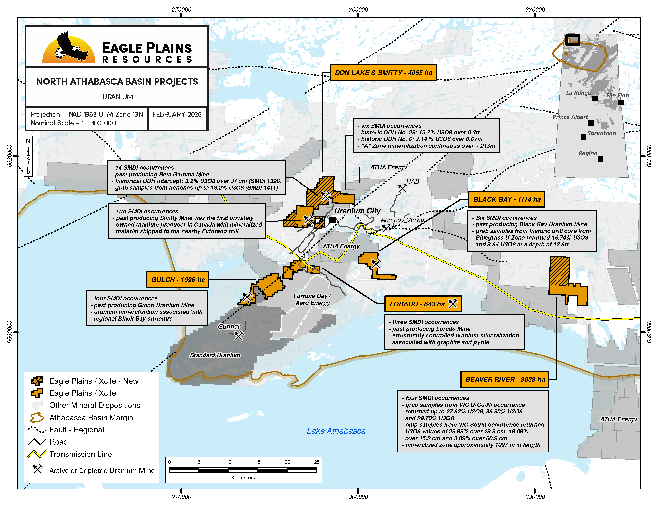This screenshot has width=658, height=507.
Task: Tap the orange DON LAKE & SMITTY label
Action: click(x=383, y=73)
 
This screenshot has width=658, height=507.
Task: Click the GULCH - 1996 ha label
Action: click(x=177, y=279)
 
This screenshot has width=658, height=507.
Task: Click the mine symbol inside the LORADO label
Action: click(x=453, y=304)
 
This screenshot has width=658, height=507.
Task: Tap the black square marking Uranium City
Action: click(x=333, y=220)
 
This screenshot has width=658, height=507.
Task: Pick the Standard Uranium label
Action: click(x=215, y=355)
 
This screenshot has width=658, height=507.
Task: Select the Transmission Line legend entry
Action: click(x=80, y=454)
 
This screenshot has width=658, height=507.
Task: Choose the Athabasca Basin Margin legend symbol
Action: click(x=37, y=418)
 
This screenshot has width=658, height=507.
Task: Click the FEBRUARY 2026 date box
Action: click(x=177, y=115)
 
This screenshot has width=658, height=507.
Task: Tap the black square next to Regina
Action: click(x=600, y=159)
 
